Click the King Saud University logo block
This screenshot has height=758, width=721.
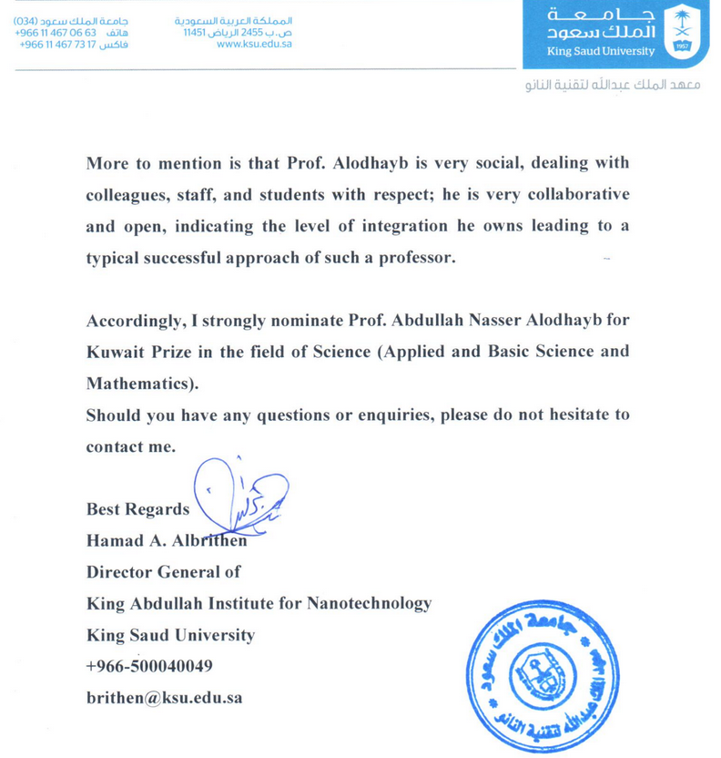(x=620, y=35)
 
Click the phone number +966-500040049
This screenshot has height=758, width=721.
(x=149, y=666)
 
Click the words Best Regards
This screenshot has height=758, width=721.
(x=137, y=509)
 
